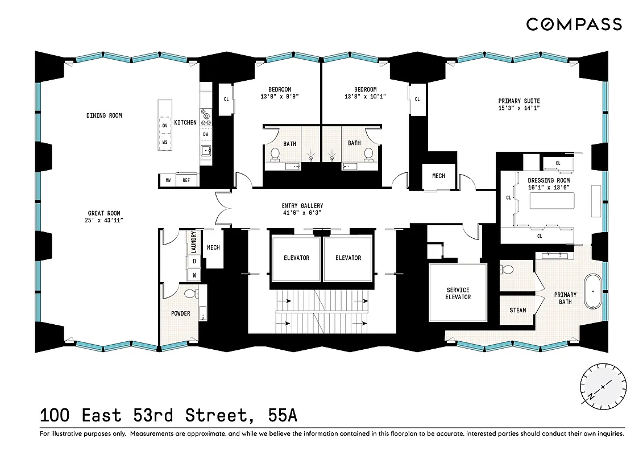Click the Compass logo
[574, 24]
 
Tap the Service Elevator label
[458, 293]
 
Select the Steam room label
[517, 311]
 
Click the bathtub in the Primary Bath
[594, 292]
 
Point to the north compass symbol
[604, 386]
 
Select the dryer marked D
[194, 261]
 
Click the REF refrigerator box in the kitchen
[185, 181]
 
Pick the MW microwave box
[168, 181]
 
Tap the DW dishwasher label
[205, 135]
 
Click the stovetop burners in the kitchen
[206, 117]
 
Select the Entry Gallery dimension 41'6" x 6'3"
[302, 213]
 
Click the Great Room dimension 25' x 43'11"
[104, 220]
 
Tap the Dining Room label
[104, 115]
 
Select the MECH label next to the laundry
[213, 247]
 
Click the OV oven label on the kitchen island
[165, 125]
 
